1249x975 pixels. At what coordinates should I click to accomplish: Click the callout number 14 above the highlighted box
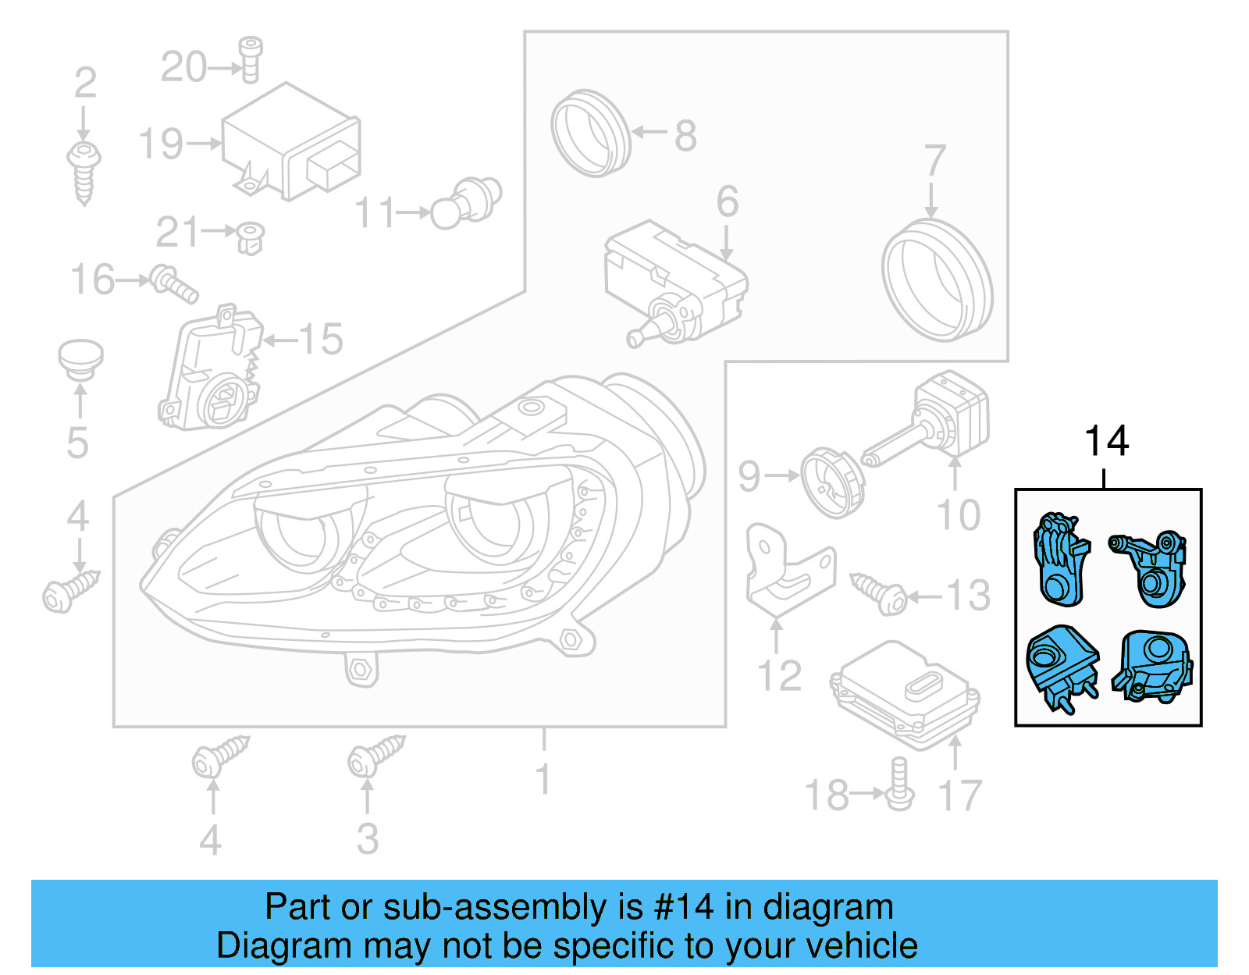pos(1106,442)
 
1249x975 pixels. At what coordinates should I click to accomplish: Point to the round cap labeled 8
pos(589,133)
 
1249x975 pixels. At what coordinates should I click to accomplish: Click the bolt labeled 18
pos(899,785)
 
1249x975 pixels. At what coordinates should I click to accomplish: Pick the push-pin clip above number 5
pos(80,360)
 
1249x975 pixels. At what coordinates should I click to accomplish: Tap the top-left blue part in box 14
pos(1060,558)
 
